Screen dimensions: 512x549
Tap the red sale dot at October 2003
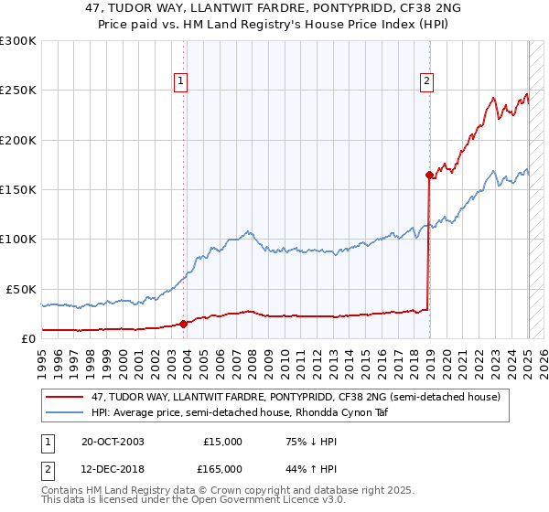pyautogui.click(x=183, y=323)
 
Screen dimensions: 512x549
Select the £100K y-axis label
pyautogui.click(x=19, y=239)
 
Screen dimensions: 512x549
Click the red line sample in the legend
pyautogui.click(x=64, y=398)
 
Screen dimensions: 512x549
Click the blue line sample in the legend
pyautogui.click(x=64, y=412)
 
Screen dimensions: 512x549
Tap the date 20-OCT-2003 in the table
pyautogui.click(x=113, y=442)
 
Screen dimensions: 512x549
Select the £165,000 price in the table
pyautogui.click(x=223, y=468)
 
